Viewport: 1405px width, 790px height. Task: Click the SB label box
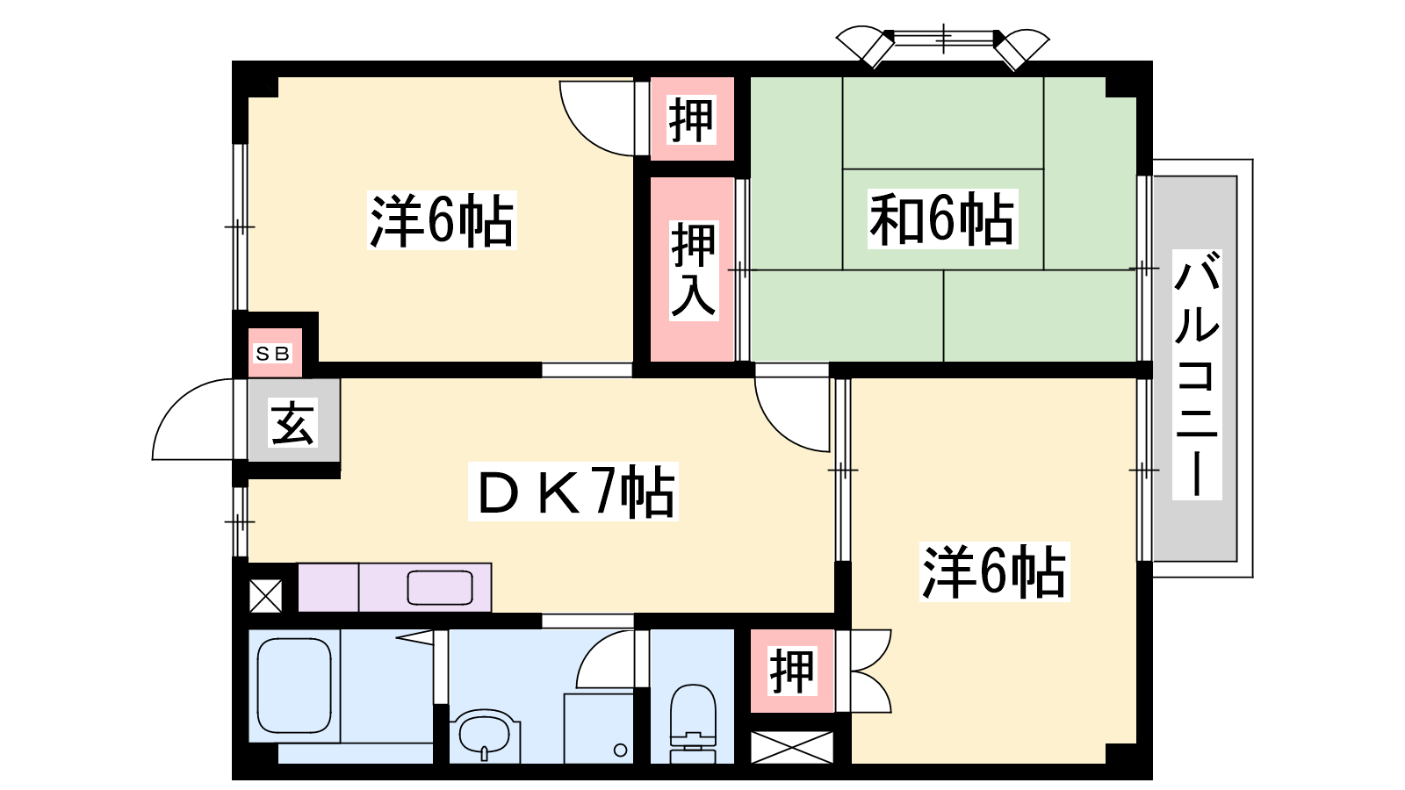pos(272,354)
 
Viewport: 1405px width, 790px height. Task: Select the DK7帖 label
pos(573,492)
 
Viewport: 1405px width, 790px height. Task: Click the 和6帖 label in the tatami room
pos(942,219)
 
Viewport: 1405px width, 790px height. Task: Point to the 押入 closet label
pos(693,270)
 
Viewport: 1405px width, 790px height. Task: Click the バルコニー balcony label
pos(1197,374)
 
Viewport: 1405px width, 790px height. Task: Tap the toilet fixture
pos(693,723)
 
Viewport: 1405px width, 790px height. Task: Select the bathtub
pos(294,686)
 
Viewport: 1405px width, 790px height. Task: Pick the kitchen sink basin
pos(440,587)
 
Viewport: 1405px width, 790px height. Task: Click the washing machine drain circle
pos(620,750)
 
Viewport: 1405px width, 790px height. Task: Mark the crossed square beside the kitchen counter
pos(266,596)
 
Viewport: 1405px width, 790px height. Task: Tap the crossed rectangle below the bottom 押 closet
pos(791,747)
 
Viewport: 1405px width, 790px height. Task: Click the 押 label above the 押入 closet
pos(691,119)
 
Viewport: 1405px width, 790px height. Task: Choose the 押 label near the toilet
pos(792,671)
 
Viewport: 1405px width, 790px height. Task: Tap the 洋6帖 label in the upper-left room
pos(443,220)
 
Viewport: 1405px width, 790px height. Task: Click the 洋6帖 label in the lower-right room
pos(994,571)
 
